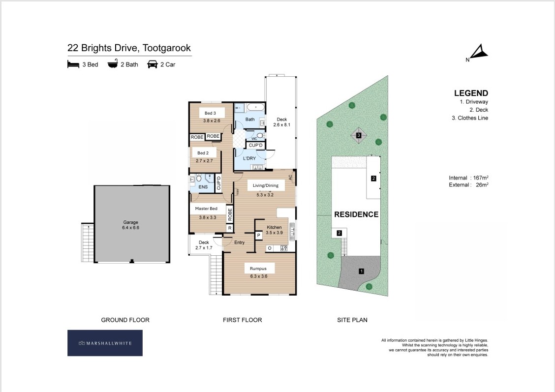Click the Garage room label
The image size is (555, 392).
click(130, 222)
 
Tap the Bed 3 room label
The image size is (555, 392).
click(210, 113)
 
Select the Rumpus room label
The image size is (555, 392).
click(258, 269)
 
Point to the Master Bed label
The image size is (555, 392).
click(206, 209)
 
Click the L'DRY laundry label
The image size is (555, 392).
click(249, 158)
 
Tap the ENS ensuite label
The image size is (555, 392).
click(203, 187)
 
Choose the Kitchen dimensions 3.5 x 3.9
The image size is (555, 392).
click(275, 233)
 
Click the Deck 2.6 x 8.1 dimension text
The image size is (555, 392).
click(282, 125)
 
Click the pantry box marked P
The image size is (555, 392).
click(259, 235)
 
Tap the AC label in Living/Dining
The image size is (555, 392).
click(291, 177)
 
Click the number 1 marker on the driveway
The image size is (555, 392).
click(361, 271)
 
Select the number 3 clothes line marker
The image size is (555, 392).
click(359, 135)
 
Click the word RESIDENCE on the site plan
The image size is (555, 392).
click(356, 214)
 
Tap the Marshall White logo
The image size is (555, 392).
click(105, 343)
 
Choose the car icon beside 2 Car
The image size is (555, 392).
click(152, 64)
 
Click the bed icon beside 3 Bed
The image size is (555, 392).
click(73, 64)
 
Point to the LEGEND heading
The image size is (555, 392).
click(471, 93)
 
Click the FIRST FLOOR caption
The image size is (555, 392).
click(243, 320)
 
